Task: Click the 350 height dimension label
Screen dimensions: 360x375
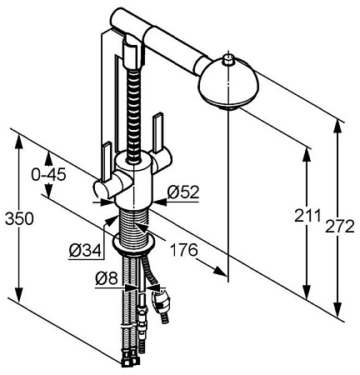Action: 19,218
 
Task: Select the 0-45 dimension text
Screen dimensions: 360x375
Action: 48,175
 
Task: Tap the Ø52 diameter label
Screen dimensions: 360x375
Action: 183,192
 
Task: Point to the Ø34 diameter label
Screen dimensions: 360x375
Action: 85,252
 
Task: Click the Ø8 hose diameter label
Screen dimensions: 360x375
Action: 107,278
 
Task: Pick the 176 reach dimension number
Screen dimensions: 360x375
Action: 183,250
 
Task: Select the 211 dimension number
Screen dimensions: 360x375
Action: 307,215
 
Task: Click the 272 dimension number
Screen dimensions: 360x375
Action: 340,227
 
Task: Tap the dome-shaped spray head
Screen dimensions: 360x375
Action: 228,85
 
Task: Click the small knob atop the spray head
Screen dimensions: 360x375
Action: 229,60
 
